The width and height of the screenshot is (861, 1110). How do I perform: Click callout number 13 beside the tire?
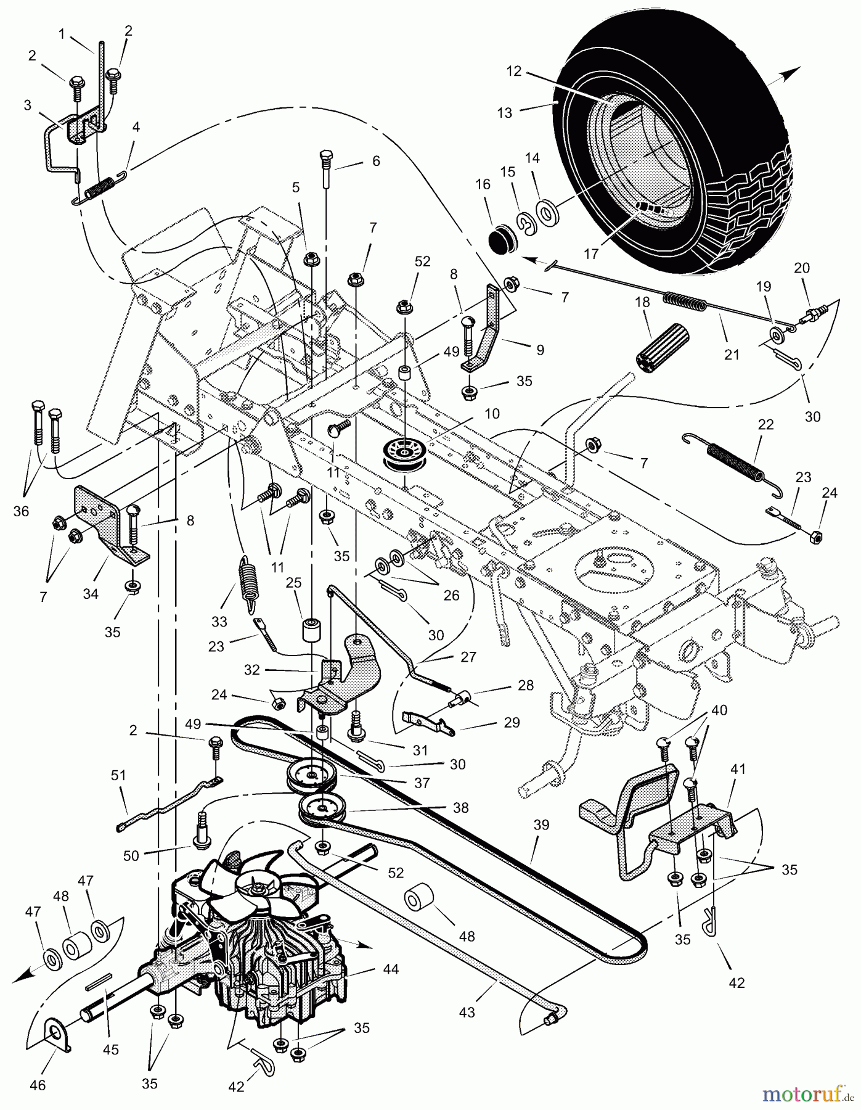point(504,113)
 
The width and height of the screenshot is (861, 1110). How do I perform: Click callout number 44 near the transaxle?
point(391,969)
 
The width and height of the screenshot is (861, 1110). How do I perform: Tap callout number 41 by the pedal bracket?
point(738,770)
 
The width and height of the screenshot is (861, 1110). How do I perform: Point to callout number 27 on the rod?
point(468,657)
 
